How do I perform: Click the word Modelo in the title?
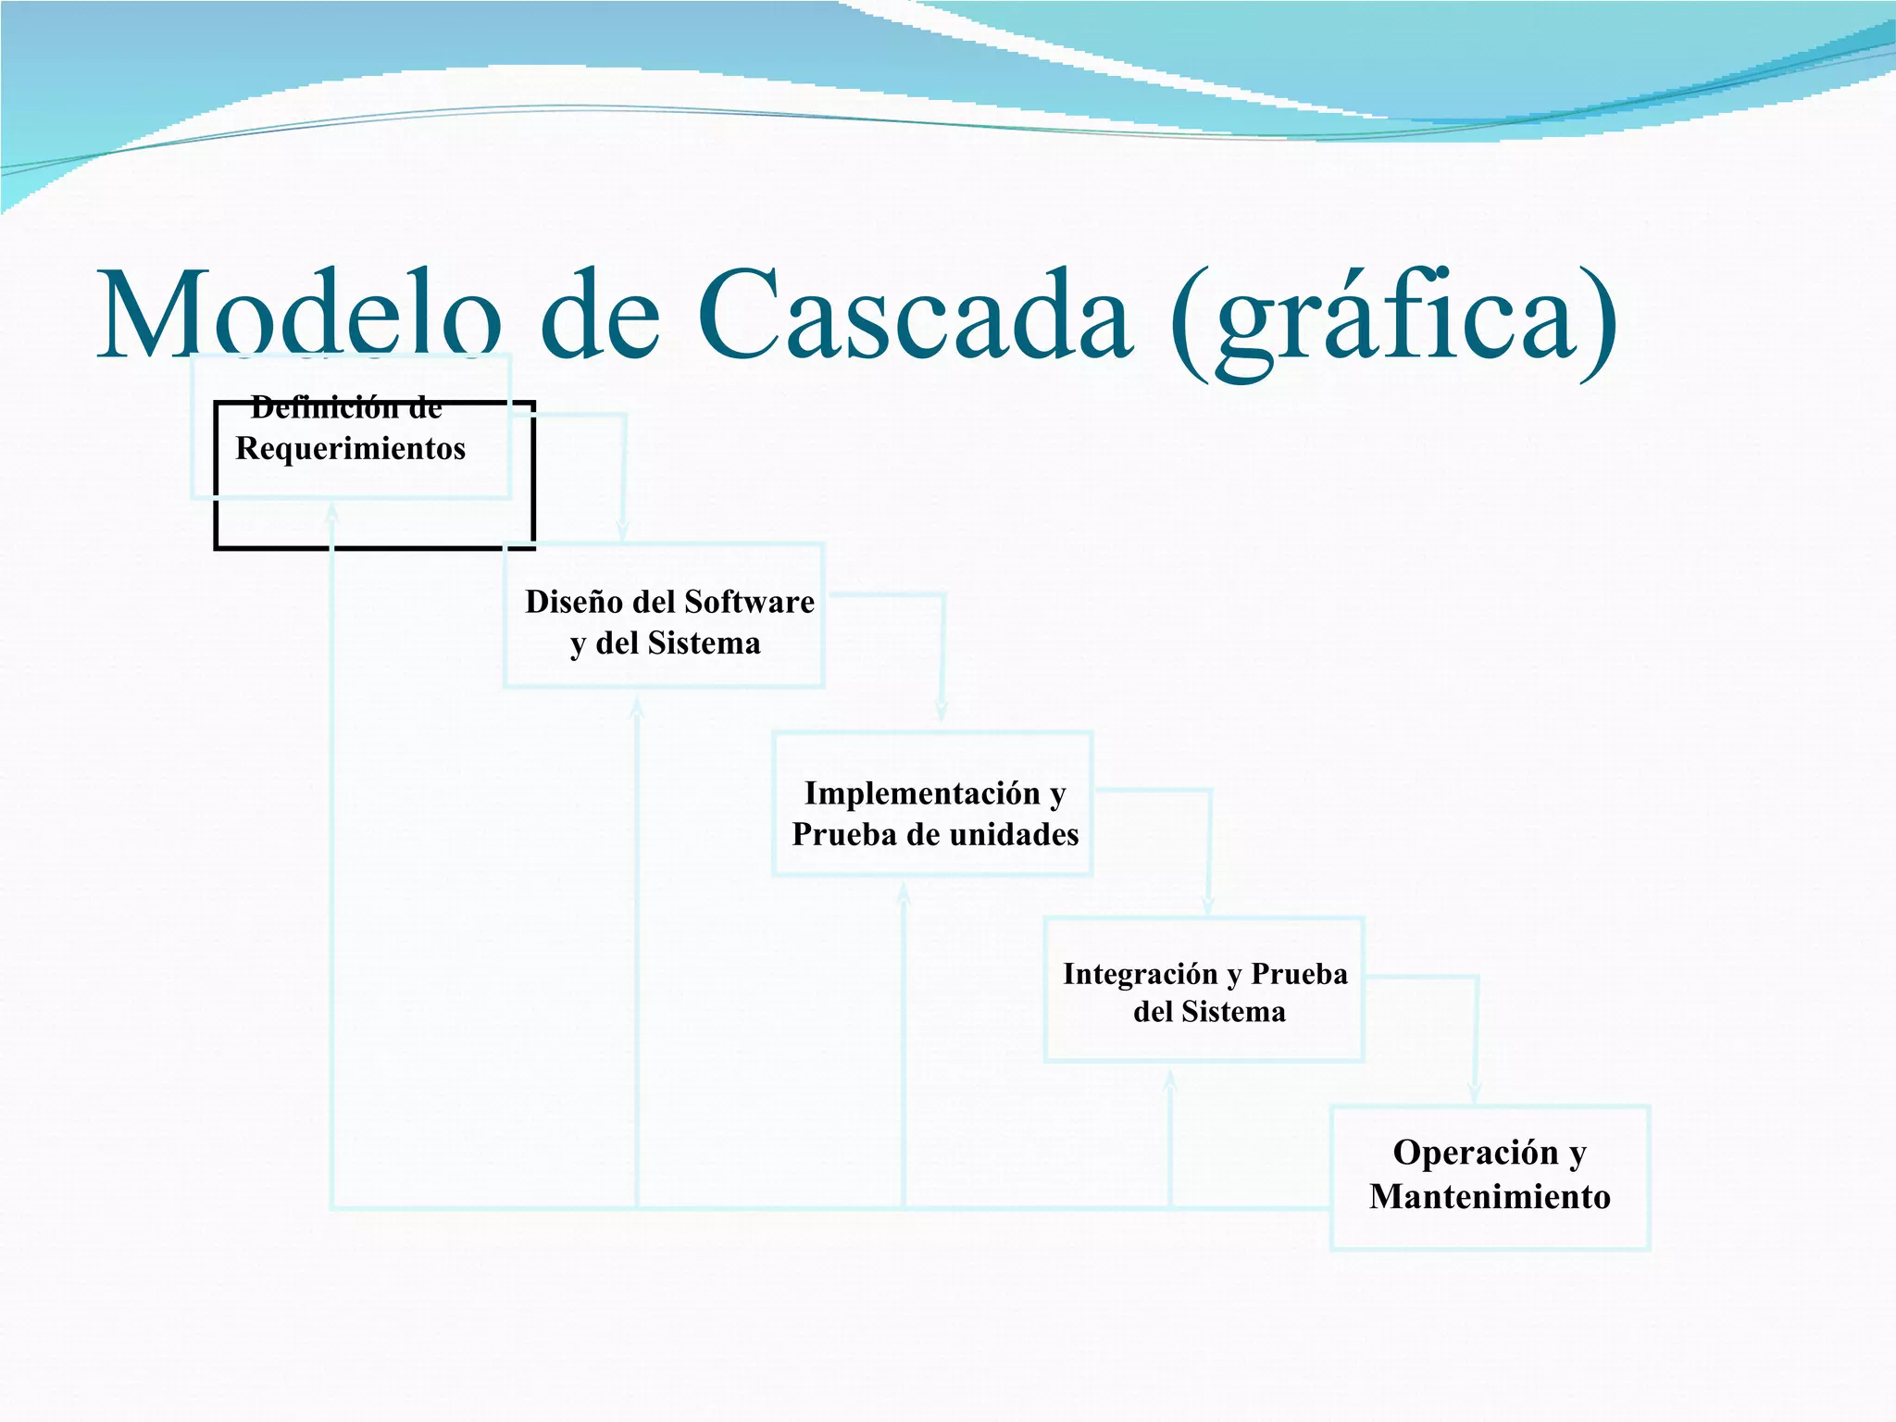pyautogui.click(x=301, y=315)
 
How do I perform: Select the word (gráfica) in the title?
pyautogui.click(x=1393, y=319)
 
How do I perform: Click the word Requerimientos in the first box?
pyautogui.click(x=350, y=449)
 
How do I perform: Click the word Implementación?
pyautogui.click(x=922, y=793)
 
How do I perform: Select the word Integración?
pyautogui.click(x=1140, y=974)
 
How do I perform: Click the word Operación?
pyautogui.click(x=1476, y=1153)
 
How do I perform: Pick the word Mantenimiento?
pyautogui.click(x=1490, y=1197)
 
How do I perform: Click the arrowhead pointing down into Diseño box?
pyautogui.click(x=622, y=531)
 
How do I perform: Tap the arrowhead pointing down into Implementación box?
pyautogui.click(x=941, y=713)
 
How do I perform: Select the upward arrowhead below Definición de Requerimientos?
pyautogui.click(x=331, y=513)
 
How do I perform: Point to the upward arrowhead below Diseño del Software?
pyautogui.click(x=637, y=708)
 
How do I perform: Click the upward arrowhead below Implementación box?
pyautogui.click(x=904, y=893)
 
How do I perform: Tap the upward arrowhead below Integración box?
pyautogui.click(x=1170, y=1080)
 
